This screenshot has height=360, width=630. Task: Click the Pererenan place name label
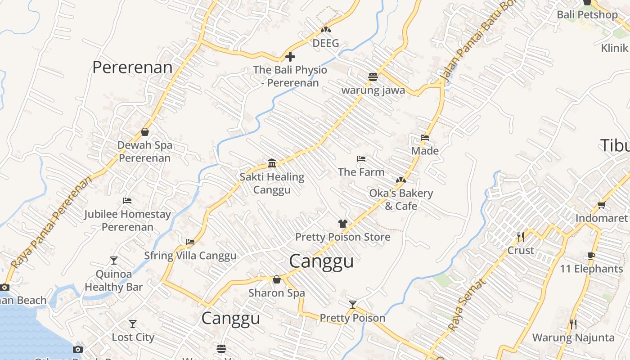[x=132, y=67]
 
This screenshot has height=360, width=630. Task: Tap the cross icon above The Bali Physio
[x=290, y=57]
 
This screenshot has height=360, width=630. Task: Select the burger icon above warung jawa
[x=373, y=76]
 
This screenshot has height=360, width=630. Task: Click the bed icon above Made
[x=425, y=138]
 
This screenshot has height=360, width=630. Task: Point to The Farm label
[x=361, y=172]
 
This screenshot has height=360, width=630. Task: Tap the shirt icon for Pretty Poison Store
[x=343, y=223]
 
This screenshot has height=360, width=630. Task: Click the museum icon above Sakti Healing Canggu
[x=272, y=163]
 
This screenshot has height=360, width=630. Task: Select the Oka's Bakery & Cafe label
[x=400, y=199]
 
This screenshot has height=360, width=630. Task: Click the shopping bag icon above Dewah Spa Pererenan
[x=145, y=132]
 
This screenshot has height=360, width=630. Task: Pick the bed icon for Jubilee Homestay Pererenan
[x=127, y=201]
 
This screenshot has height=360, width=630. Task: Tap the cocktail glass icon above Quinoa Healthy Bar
[x=114, y=260]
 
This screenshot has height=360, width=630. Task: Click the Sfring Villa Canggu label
[x=190, y=256]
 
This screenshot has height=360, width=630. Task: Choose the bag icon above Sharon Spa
[x=277, y=280]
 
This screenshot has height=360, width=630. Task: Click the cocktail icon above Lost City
[x=133, y=324]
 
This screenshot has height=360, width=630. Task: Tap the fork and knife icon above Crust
[x=521, y=237]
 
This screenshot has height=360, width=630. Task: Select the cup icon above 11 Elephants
[x=591, y=256]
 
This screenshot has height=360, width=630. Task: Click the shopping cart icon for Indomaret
[x=601, y=205]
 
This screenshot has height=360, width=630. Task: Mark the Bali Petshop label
[x=587, y=14]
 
